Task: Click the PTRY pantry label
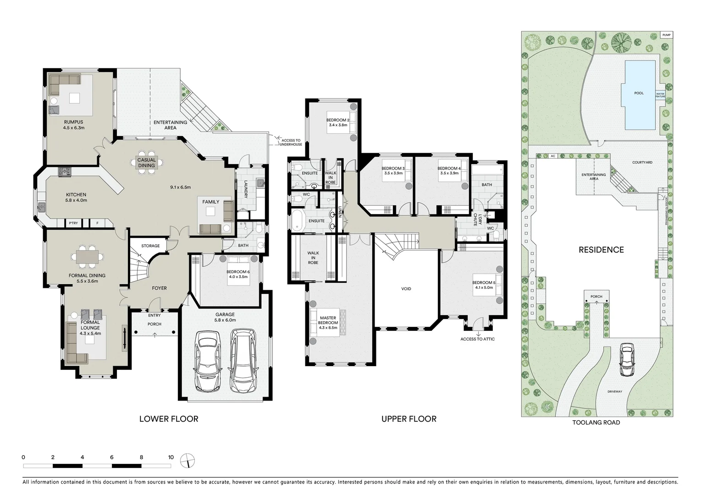(73, 223)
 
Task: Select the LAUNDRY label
(246, 189)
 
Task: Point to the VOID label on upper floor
(406, 289)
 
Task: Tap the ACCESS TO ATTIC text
(477, 339)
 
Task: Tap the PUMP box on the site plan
(666, 35)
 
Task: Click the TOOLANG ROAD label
(596, 423)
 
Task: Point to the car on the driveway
(627, 360)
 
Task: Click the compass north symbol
(188, 460)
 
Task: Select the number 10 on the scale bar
(171, 457)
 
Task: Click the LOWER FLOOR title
(169, 418)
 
